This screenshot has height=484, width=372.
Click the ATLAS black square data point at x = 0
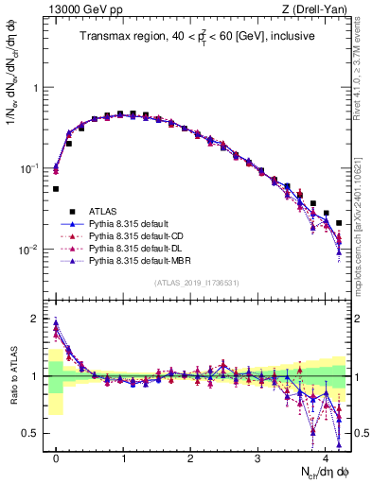click(57, 189)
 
